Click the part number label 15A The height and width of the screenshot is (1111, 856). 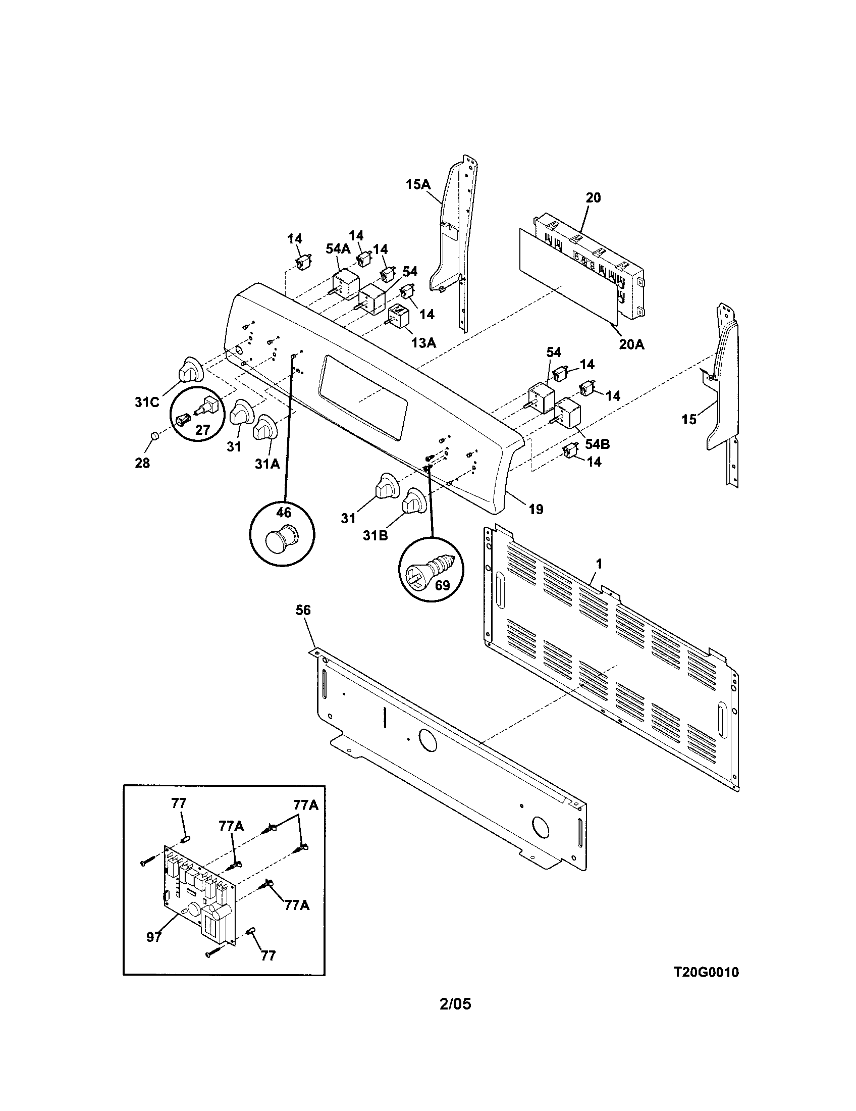pos(418,184)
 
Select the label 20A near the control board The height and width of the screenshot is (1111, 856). pos(631,344)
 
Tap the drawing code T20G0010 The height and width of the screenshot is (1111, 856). pos(706,972)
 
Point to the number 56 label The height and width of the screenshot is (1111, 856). pos(303,610)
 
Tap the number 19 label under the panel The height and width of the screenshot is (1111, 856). pos(536,509)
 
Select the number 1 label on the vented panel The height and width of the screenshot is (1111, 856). pos(599,564)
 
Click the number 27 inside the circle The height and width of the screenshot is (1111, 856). pos(202,430)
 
